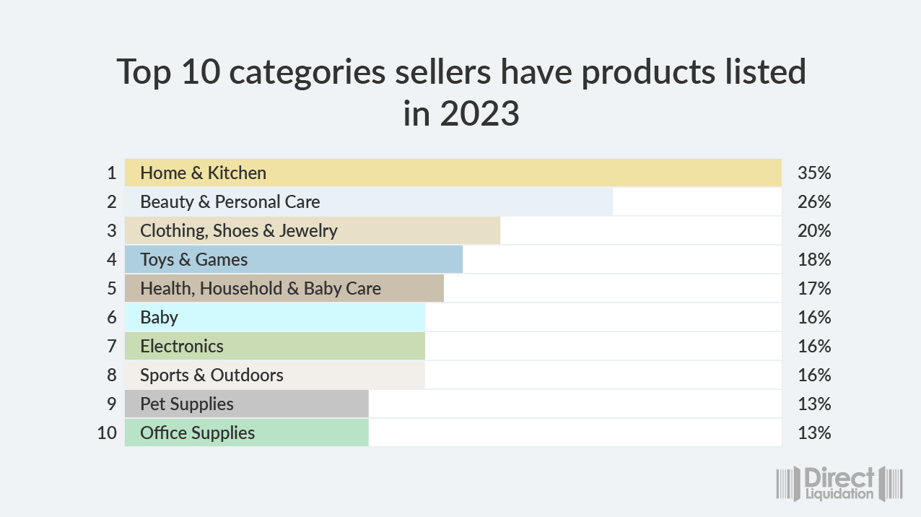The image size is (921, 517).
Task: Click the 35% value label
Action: (x=814, y=173)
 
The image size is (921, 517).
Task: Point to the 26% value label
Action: (x=814, y=202)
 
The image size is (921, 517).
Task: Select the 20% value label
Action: (x=814, y=231)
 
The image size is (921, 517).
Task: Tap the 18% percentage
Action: (x=814, y=260)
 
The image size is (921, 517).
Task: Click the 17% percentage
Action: (x=814, y=289)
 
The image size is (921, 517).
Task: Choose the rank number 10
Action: (x=107, y=433)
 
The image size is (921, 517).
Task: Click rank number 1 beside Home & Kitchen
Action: (x=111, y=173)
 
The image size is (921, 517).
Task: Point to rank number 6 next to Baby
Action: (x=111, y=318)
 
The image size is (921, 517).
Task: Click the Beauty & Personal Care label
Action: (x=230, y=202)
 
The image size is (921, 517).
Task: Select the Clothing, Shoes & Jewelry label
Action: (x=238, y=231)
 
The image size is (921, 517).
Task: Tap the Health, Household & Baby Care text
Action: (x=260, y=289)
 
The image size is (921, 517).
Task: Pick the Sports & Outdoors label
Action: (x=211, y=375)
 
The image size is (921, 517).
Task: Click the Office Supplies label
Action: (x=197, y=433)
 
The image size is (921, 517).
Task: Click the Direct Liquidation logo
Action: (x=839, y=484)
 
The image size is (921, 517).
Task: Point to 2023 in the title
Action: (x=479, y=114)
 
